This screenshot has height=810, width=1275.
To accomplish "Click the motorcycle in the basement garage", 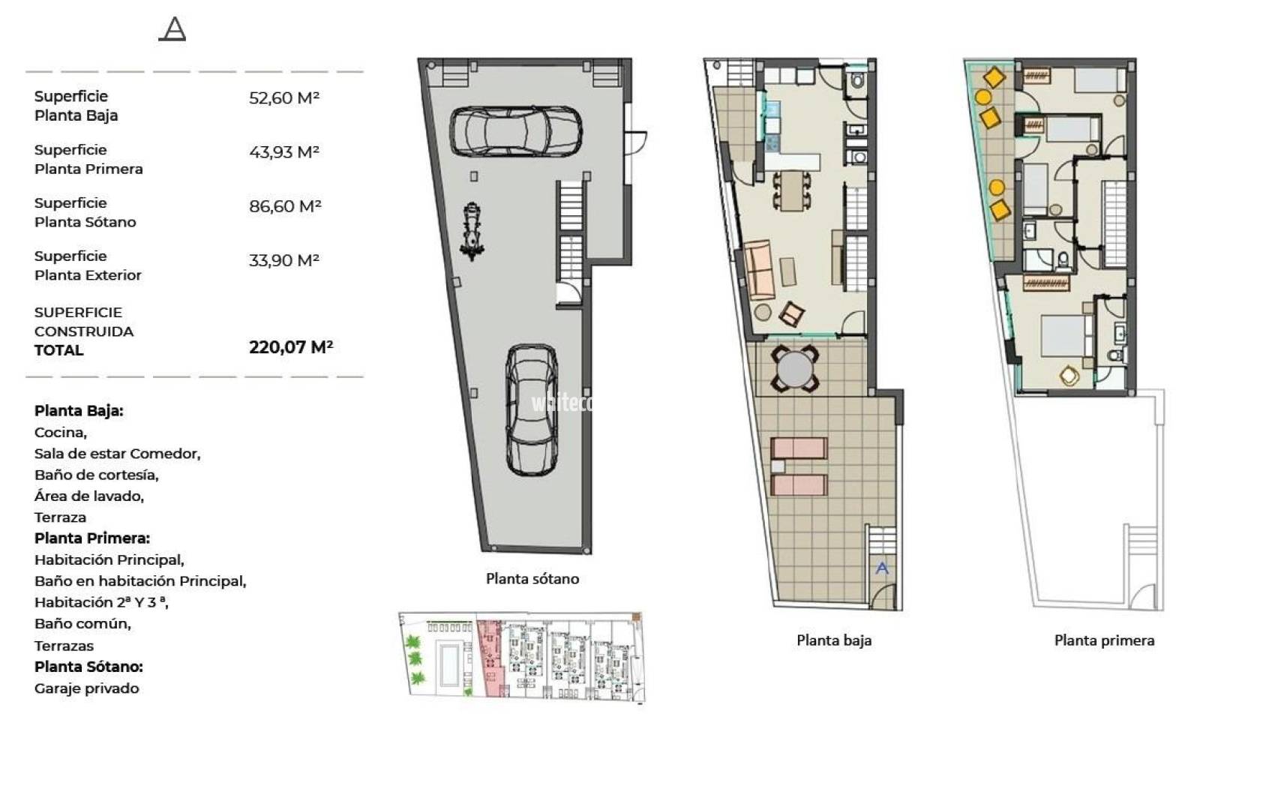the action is click(x=472, y=231).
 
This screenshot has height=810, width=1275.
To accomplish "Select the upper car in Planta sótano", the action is click(x=516, y=131).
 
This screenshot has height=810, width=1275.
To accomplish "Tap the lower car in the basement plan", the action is click(x=532, y=409).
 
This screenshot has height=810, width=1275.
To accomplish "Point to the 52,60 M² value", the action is click(x=284, y=98).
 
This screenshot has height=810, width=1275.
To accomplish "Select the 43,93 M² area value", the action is click(x=284, y=152).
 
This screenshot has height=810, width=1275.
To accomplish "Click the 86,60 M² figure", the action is click(x=285, y=206).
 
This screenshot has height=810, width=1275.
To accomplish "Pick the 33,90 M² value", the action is click(x=284, y=260).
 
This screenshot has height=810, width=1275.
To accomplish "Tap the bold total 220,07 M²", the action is click(x=291, y=346).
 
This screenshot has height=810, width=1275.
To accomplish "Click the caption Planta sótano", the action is click(x=532, y=579).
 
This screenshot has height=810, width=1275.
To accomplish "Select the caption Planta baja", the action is click(x=834, y=640).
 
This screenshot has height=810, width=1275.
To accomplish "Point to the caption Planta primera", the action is click(x=1104, y=640).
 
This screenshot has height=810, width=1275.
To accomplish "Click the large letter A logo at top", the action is click(x=172, y=29).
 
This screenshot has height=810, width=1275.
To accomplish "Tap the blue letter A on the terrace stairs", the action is click(x=882, y=568).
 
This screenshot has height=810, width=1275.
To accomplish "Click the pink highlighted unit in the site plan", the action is click(x=490, y=658).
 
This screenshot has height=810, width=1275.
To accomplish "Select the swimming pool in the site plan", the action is click(x=450, y=664).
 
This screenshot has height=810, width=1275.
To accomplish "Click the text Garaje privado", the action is click(x=86, y=688).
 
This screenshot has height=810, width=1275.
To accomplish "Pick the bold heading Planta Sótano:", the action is click(x=88, y=667).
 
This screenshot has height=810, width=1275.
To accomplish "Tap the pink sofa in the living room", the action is click(x=759, y=270).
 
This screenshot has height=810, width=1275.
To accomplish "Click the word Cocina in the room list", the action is click(x=59, y=433).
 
